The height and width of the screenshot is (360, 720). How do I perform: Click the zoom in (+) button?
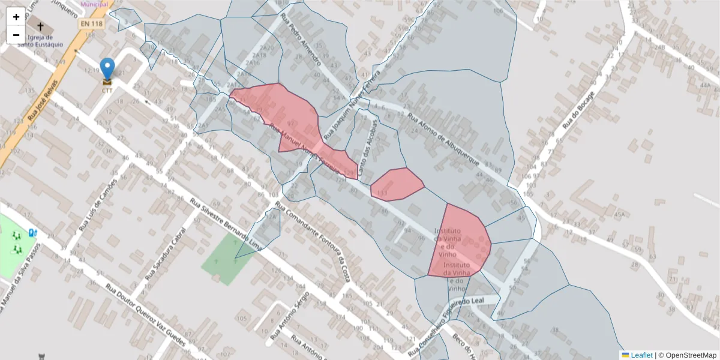[x=16, y=17]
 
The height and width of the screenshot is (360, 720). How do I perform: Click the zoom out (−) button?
[x=16, y=35]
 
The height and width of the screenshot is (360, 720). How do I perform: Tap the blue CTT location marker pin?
[x=107, y=70]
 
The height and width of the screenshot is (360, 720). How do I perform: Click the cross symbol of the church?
[x=41, y=27]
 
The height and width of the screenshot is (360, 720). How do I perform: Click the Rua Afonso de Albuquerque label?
[x=443, y=142]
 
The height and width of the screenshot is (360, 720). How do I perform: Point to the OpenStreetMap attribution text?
[x=691, y=355]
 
